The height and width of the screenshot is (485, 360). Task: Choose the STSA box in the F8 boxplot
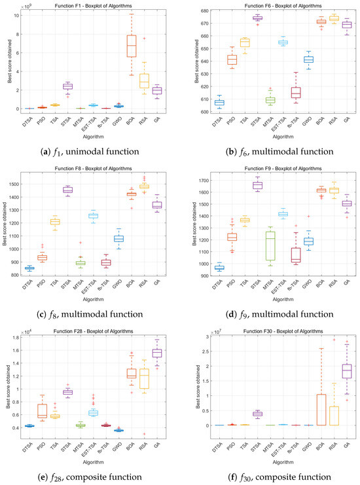pyautogui.click(x=67, y=190)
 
